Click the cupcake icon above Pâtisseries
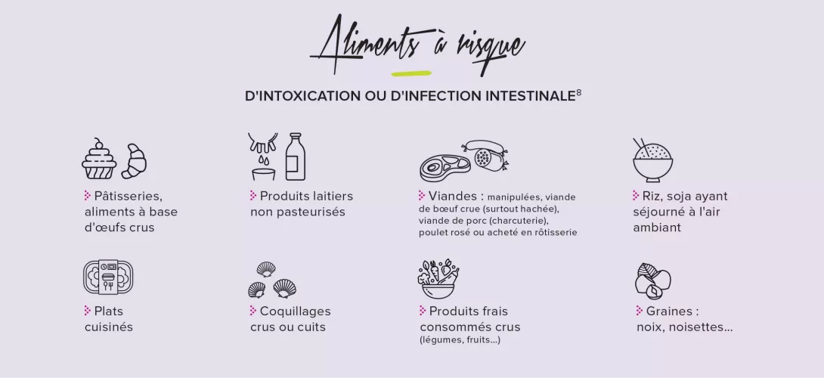pyautogui.click(x=100, y=159)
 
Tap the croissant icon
pyautogui.click(x=135, y=161)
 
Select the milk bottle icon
pyautogui.click(x=295, y=156)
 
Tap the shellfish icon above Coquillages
pyautogui.click(x=272, y=280)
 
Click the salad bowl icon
pyautogui.click(x=438, y=279)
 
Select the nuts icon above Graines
pyautogui.click(x=652, y=280)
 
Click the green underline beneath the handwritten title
pyautogui.click(x=411, y=74)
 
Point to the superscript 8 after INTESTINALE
pyautogui.click(x=578, y=93)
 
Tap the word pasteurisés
pyautogui.click(x=298, y=212)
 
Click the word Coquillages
pyautogui.click(x=295, y=311)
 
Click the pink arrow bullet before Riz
pyautogui.click(x=636, y=195)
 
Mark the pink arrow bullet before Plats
pyautogui.click(x=88, y=310)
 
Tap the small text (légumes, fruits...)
pyautogui.click(x=460, y=340)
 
